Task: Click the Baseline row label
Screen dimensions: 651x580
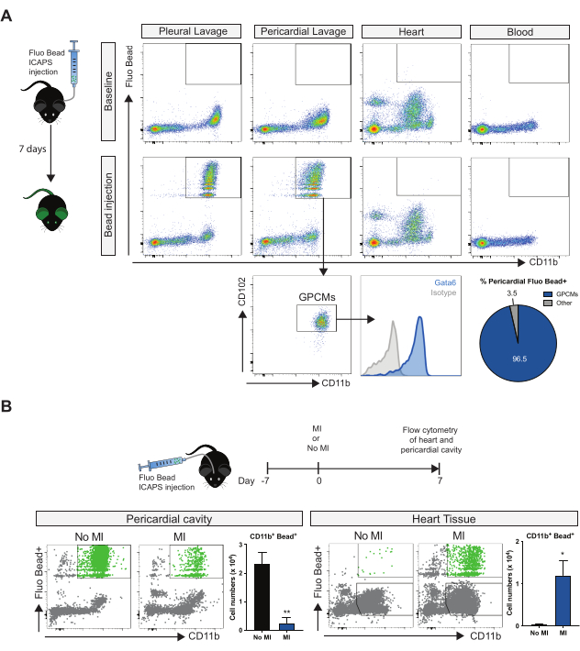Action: pyautogui.click(x=110, y=91)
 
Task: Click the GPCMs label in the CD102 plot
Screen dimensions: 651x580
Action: pyautogui.click(x=317, y=297)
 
